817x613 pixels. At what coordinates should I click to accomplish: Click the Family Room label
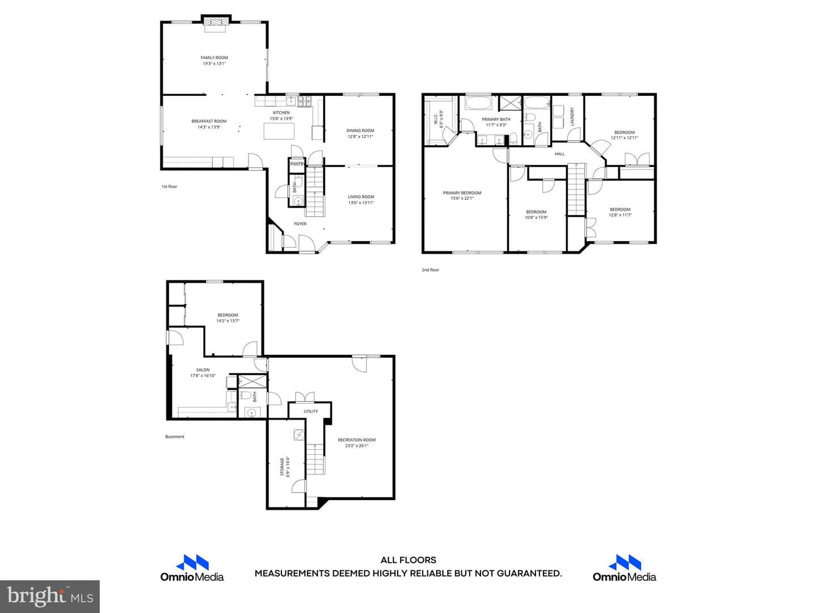(214, 58)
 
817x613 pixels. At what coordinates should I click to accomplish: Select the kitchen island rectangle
(279, 131)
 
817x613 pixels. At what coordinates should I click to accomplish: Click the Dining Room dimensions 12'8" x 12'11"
(360, 137)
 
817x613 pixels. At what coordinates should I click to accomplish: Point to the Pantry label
(297, 164)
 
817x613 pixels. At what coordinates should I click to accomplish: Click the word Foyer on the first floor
(300, 224)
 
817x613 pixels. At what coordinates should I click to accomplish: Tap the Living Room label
(361, 197)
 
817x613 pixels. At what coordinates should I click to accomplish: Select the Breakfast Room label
(209, 121)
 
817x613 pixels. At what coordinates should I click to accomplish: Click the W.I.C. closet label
(436, 119)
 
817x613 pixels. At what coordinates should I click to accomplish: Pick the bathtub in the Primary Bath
(478, 103)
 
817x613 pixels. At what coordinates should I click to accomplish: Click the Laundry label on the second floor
(572, 116)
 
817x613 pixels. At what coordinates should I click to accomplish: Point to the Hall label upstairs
(559, 154)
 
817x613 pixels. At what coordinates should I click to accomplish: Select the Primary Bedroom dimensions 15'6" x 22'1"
(462, 199)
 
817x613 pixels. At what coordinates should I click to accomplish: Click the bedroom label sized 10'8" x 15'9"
(536, 212)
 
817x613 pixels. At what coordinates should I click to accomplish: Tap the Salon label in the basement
(203, 370)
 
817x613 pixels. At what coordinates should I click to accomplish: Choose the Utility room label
(311, 412)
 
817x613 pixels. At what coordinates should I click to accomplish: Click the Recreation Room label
(356, 440)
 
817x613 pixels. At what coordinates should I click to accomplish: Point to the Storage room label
(282, 467)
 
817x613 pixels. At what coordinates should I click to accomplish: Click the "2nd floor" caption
(430, 270)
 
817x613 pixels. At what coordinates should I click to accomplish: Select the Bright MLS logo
(50, 596)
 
